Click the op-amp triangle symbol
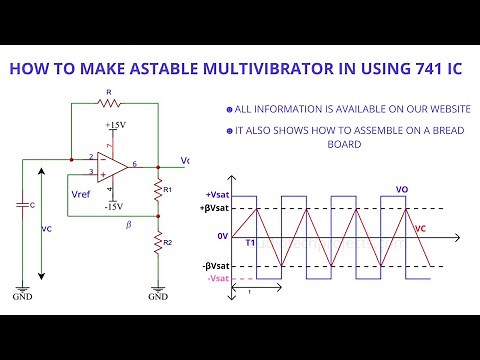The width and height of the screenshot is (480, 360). pyautogui.click(x=113, y=165)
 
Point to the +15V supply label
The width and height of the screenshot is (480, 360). pyautogui.click(x=117, y=126)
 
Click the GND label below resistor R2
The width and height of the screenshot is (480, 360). pyautogui.click(x=157, y=296)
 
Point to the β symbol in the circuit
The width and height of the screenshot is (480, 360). pyautogui.click(x=128, y=226)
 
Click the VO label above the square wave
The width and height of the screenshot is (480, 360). pyautogui.click(x=401, y=188)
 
